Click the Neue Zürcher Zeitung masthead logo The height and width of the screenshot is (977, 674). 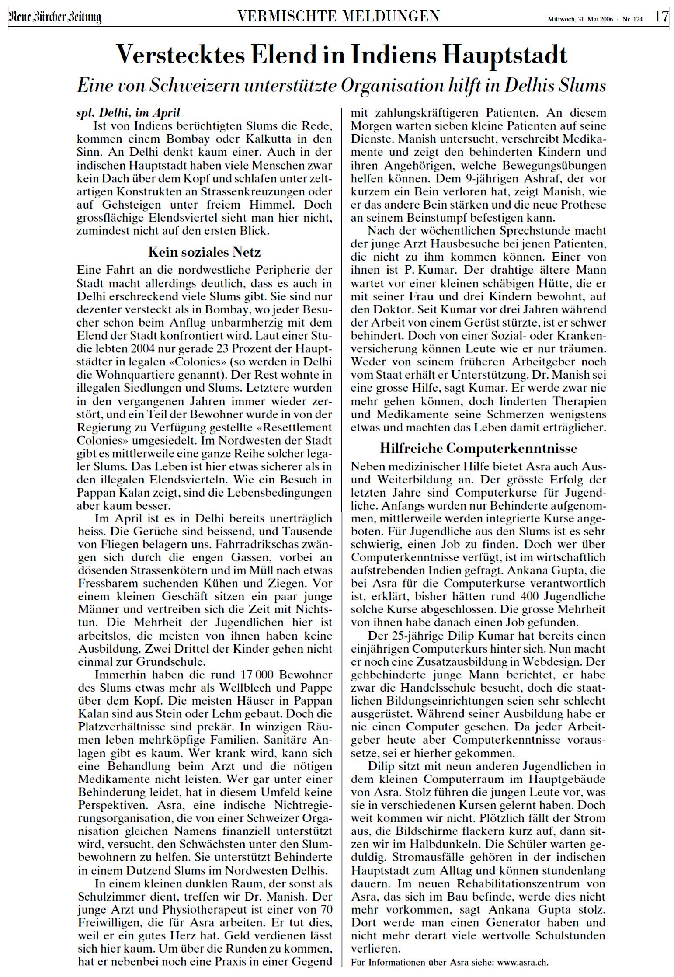[55, 17]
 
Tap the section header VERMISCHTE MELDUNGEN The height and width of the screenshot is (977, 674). [338, 17]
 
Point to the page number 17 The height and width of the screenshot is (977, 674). [661, 17]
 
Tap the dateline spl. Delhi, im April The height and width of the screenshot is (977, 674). [129, 113]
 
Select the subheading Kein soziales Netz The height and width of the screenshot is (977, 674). [204, 252]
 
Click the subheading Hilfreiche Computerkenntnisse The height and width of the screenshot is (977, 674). [478, 448]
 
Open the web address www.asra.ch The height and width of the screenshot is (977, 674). [523, 962]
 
